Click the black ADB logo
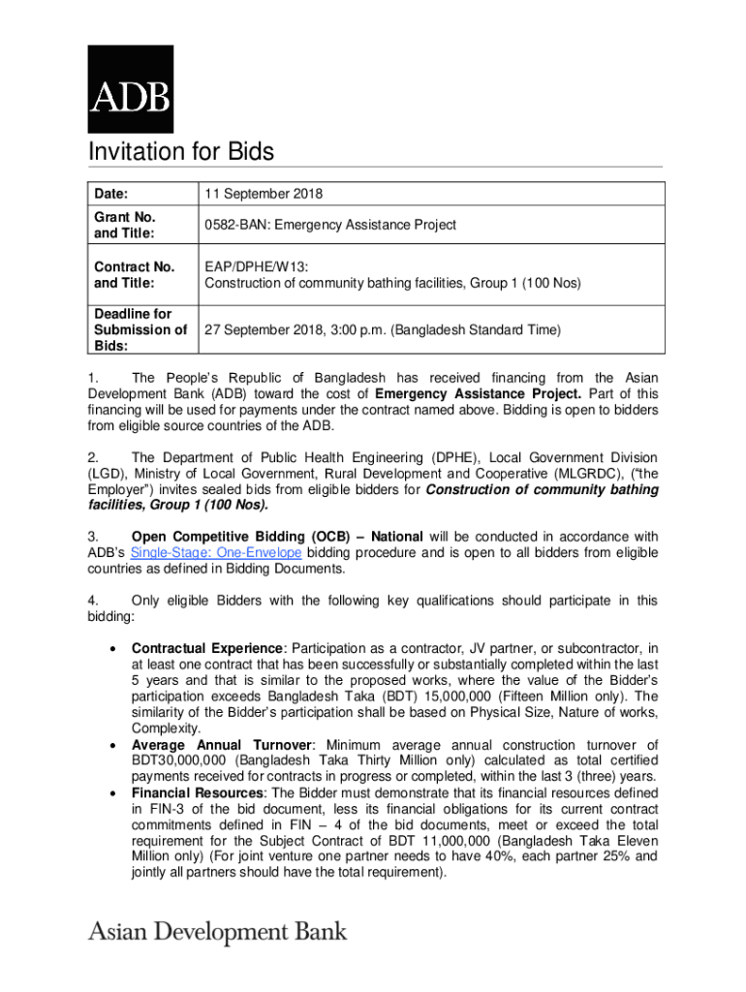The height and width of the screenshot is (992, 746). click(131, 88)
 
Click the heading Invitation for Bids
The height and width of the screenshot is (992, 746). click(181, 152)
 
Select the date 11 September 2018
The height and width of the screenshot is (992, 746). click(264, 195)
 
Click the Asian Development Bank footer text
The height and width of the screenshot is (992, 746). click(217, 932)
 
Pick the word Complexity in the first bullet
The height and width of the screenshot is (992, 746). click(166, 728)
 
